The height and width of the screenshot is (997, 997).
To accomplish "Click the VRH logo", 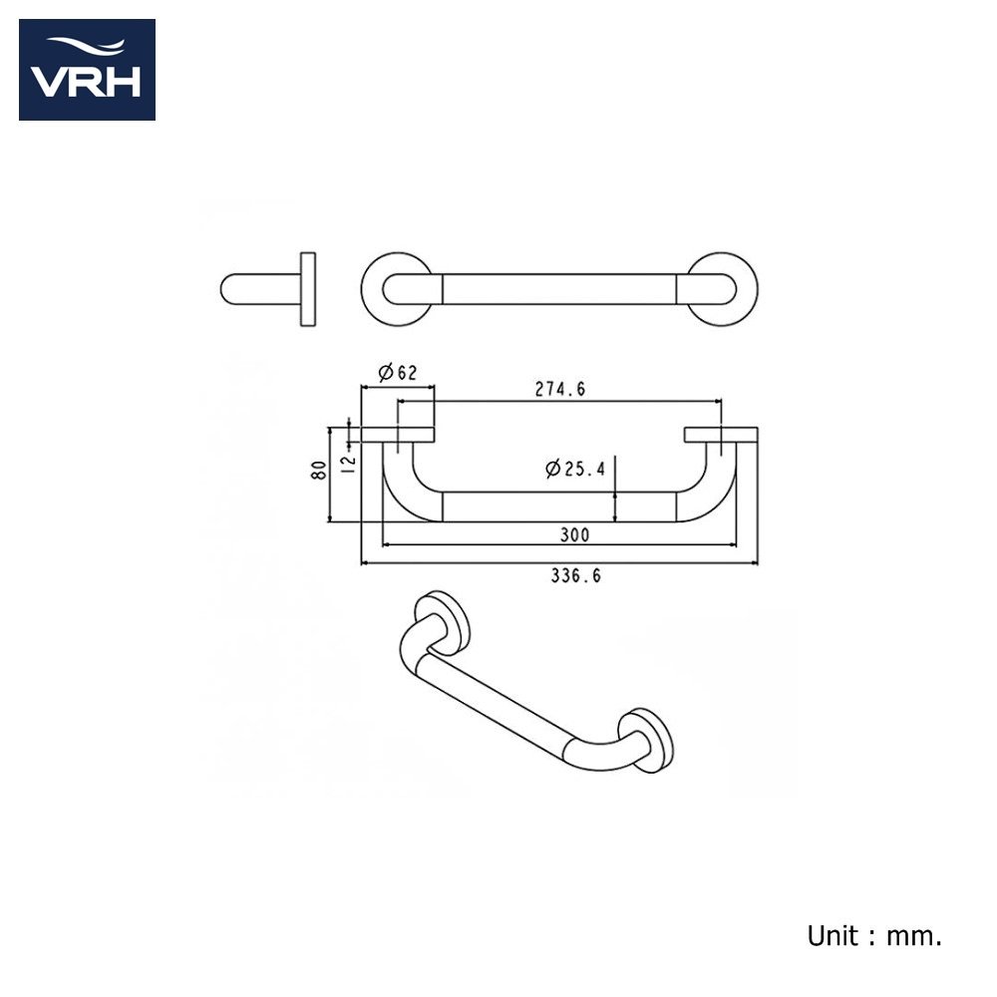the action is click(x=87, y=70).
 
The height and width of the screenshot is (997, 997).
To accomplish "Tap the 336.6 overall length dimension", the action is click(x=575, y=575).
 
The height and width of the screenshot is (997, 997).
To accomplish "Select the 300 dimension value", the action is click(x=574, y=534).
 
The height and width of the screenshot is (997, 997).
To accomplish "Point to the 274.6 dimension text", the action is click(x=559, y=389).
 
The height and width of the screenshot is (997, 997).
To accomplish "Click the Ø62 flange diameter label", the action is click(x=398, y=373).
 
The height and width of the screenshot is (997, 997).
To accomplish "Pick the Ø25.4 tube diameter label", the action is click(x=575, y=470).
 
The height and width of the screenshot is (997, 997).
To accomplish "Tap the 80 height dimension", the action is click(x=319, y=470).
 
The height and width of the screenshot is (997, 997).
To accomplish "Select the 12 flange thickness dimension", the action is click(x=348, y=463).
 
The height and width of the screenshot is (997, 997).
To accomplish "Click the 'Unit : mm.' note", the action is click(x=874, y=936).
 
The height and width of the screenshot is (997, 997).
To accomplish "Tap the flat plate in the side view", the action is click(x=308, y=289).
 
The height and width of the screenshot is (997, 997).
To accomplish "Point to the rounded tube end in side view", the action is click(x=260, y=289).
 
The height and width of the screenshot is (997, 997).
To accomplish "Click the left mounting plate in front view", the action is click(x=398, y=435).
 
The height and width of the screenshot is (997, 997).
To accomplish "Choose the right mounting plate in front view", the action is click(x=721, y=435).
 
